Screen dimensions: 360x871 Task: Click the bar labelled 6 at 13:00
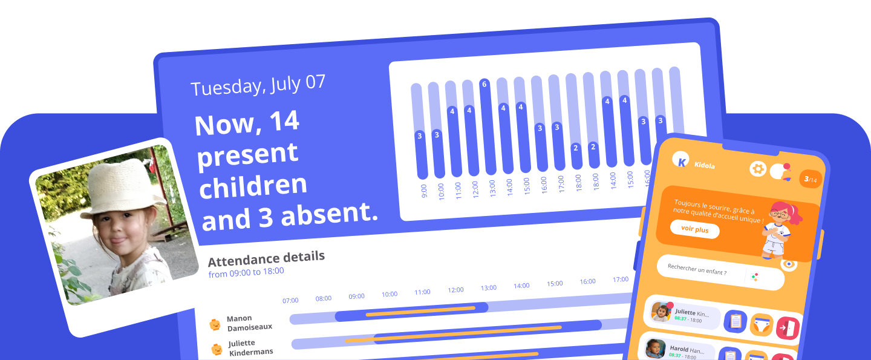tap(484, 127)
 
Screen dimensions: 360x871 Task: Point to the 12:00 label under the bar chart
tap(475, 188)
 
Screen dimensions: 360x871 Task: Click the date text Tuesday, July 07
tap(258, 85)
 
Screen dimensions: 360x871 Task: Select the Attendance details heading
tap(266, 258)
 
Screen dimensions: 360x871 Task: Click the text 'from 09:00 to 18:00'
tap(246, 272)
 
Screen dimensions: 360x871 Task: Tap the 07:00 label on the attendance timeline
tap(290, 300)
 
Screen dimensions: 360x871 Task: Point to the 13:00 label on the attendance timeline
tap(489, 288)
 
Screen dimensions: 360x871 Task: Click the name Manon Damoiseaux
tap(249, 322)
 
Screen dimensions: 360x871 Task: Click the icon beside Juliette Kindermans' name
tap(217, 349)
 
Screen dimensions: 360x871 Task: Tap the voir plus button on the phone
tap(695, 229)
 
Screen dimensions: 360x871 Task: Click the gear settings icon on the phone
tap(757, 169)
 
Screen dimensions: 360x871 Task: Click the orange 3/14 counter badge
tap(811, 179)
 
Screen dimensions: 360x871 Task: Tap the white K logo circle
tap(682, 160)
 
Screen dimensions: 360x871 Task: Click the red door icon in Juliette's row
tap(788, 327)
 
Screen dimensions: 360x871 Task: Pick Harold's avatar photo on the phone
tap(655, 349)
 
